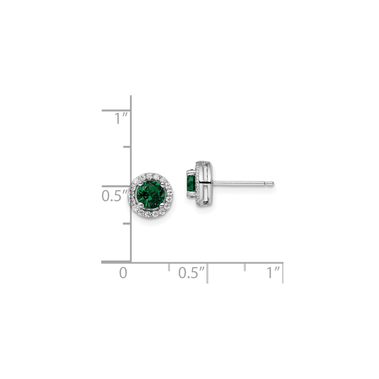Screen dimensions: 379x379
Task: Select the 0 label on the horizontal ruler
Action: tap(124, 273)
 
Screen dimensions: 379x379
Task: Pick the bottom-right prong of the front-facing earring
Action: tap(162, 205)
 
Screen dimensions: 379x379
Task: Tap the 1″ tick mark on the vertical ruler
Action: tap(116, 110)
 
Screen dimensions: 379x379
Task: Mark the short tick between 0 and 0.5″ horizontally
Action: tap(169, 267)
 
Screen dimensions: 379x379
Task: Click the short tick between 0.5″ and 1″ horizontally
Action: tap(245, 267)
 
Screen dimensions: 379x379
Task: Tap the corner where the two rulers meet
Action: tap(131, 262)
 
